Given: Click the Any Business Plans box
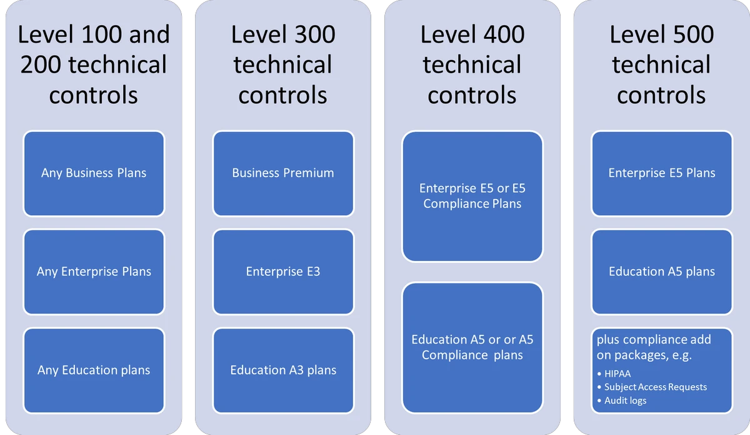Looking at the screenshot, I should pos(94,173).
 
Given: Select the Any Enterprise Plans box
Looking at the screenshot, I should pos(94,272).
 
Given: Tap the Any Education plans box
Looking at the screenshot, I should pos(94,370).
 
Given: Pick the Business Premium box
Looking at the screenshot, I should pos(283,173).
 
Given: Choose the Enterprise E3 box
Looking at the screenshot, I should pos(283,272).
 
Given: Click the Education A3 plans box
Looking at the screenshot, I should pos(283,370).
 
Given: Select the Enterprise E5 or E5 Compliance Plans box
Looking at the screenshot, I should pos(472,196).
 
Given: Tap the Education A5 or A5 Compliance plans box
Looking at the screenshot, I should pos(472,347).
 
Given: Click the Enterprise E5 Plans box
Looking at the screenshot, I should pos(662,173).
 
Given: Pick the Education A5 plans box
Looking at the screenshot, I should pos(662,272).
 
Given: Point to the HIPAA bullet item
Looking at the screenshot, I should pos(617,374).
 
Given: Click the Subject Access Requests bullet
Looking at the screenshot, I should pos(655,387).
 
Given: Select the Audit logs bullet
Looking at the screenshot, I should pos(625,401).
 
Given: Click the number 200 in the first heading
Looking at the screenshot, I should pos(44,65).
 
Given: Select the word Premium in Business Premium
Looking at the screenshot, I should pos(309,173).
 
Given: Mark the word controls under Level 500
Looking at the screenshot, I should pos(661,95).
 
